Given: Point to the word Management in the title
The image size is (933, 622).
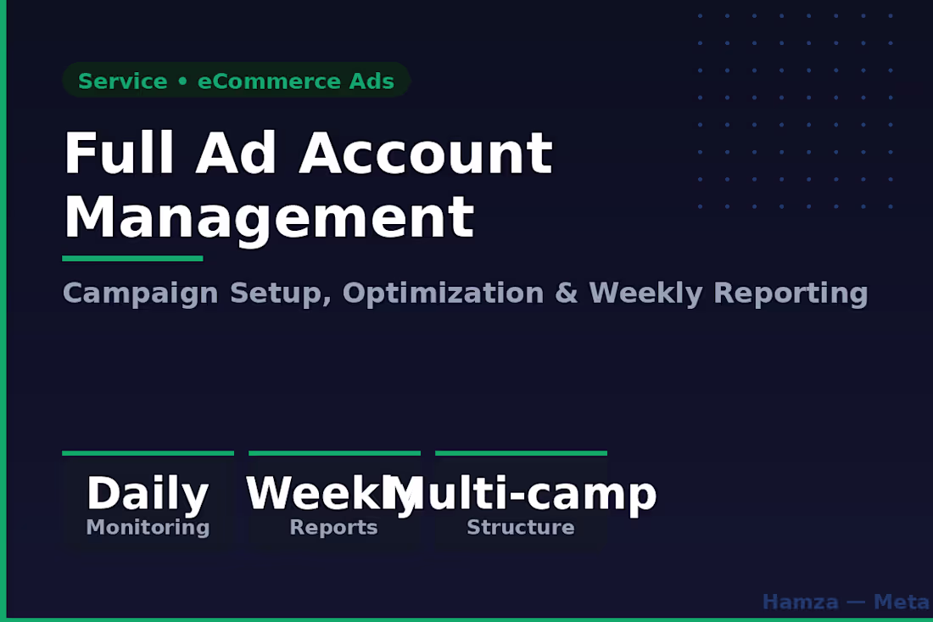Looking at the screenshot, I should pos(268,217).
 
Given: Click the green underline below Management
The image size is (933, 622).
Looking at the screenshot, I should pos(132,258).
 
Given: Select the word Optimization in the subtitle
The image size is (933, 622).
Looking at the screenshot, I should pos(443,294).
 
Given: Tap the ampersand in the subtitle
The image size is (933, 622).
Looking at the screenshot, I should pos(566,294).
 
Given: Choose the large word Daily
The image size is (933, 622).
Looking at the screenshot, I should pos(148,494).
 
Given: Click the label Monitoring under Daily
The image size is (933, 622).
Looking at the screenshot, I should pos(148,528).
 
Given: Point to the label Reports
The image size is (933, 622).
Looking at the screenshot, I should pos(333,528).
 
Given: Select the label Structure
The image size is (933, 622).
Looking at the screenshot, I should pos(520,528).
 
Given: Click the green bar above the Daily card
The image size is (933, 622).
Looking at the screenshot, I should pos(148,453).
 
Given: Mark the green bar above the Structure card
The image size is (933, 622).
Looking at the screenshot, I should pos(521,453).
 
